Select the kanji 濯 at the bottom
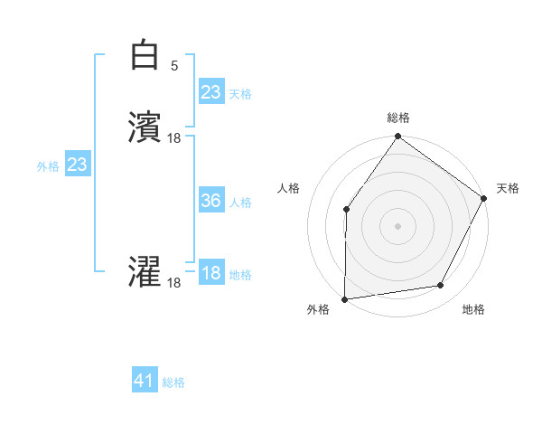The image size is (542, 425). click(x=145, y=272)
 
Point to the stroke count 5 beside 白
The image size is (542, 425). click(x=173, y=66)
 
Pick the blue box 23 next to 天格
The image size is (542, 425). click(x=210, y=92)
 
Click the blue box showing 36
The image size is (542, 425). click(x=210, y=202)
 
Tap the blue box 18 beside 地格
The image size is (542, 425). click(x=210, y=274)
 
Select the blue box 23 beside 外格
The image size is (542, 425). click(x=77, y=165)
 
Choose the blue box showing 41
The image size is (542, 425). click(x=145, y=382)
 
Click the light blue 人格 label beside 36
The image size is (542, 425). click(x=240, y=203)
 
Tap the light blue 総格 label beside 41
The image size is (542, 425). click(x=173, y=383)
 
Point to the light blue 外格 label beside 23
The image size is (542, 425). click(x=48, y=166)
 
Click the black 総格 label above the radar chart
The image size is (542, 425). click(x=397, y=118)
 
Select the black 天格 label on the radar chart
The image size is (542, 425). click(x=508, y=188)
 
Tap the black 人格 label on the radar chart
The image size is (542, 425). click(x=288, y=188)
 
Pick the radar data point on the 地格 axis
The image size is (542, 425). click(x=441, y=286)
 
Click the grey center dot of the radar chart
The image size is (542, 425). click(x=397, y=226)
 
